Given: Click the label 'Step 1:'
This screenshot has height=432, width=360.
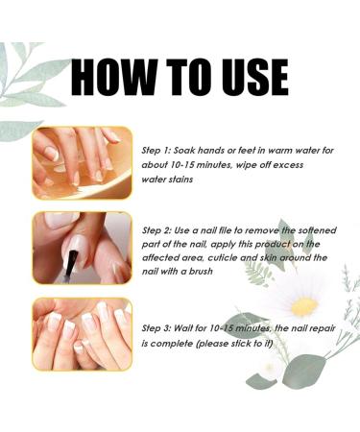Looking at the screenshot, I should (158, 150).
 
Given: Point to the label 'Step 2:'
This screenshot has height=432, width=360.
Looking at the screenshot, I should (158, 230).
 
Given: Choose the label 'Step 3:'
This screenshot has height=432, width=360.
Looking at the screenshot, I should (158, 329).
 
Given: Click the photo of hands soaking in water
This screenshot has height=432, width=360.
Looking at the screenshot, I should (82, 163).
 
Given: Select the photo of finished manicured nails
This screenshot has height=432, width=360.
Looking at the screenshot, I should (82, 333).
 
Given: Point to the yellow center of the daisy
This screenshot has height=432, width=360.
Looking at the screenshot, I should (304, 306).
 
